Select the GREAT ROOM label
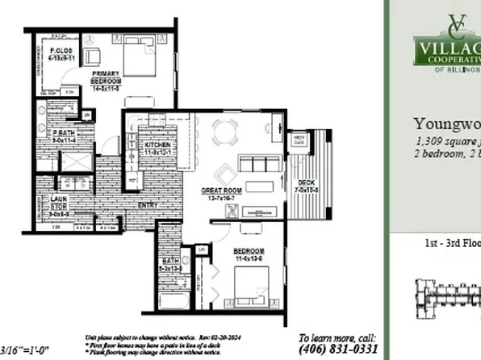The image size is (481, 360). point(222,192)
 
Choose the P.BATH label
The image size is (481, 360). point(62,136)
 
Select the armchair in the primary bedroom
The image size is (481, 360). point(91,56)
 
